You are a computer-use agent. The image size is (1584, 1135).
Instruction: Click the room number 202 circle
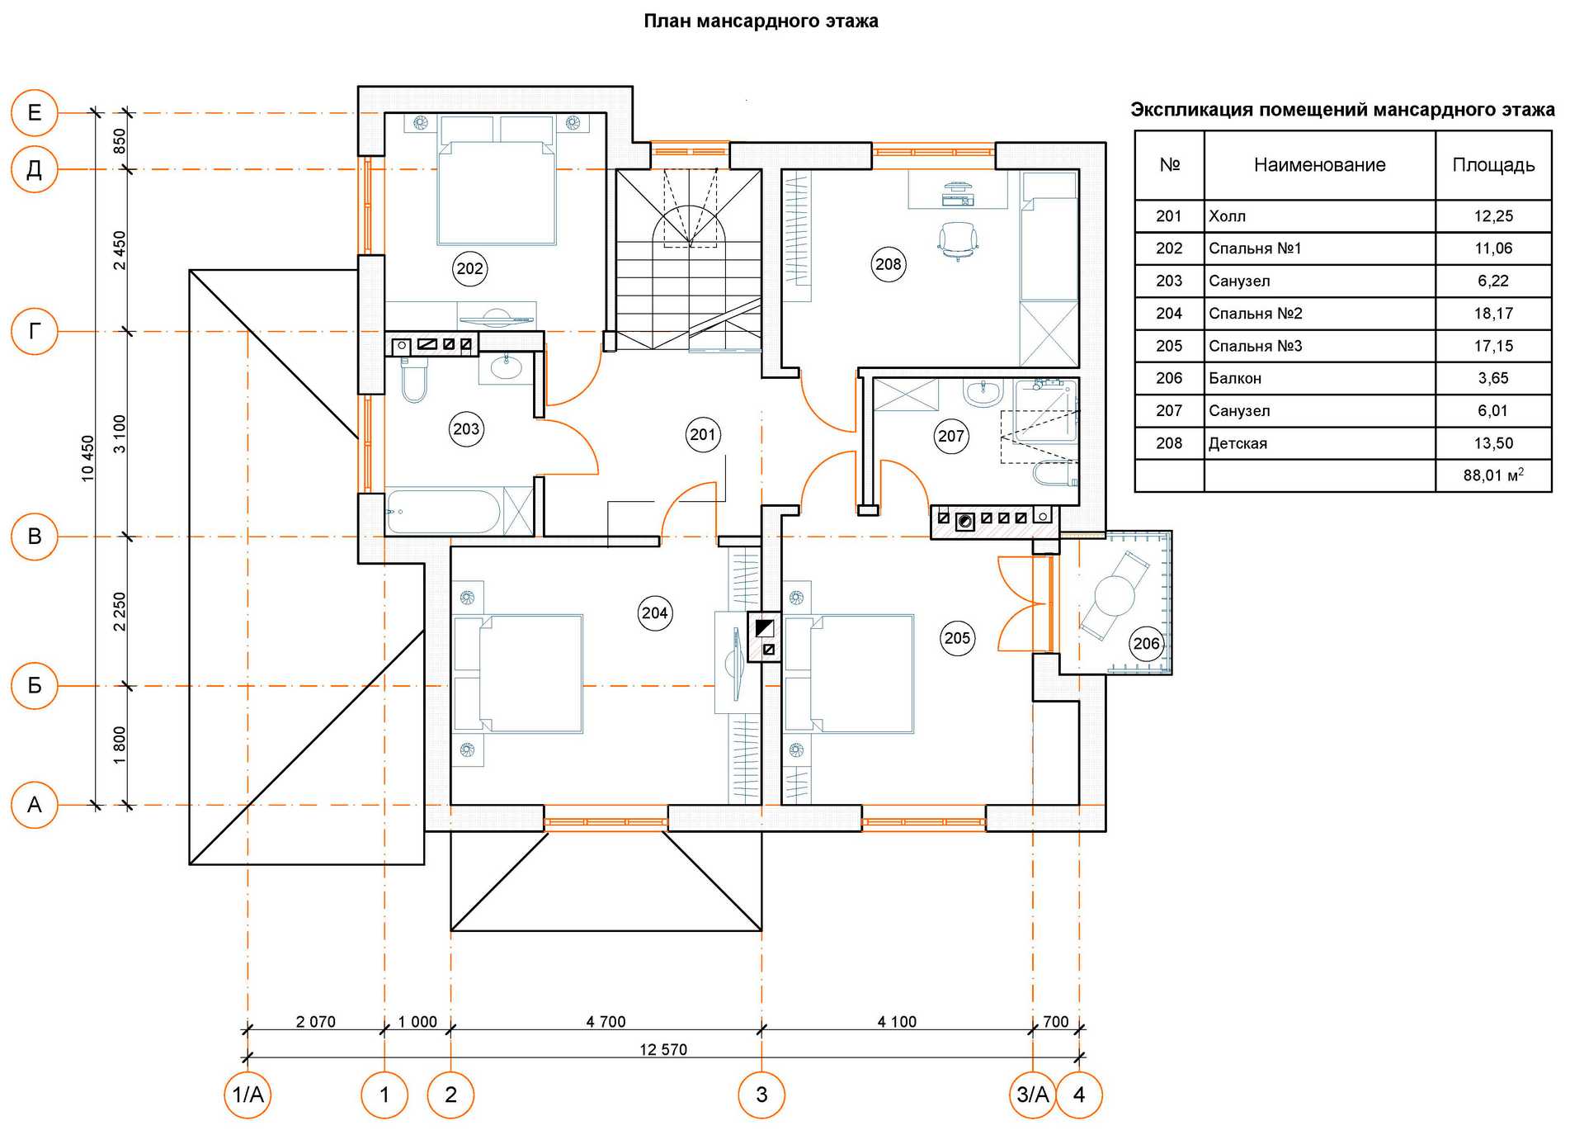coord(469,268)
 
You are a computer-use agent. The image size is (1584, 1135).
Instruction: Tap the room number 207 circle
coord(950,436)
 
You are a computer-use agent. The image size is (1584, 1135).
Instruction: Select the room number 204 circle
coord(654,612)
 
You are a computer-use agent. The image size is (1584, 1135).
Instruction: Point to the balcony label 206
coord(1146,643)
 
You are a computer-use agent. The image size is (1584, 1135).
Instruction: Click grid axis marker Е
coord(34,112)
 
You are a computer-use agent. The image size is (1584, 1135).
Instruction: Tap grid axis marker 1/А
coord(247,1095)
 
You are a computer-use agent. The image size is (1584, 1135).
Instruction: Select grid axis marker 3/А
coord(1032,1095)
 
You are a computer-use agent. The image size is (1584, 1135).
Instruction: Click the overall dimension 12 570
coord(662,1049)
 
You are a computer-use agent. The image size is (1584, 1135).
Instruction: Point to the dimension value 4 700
coord(606,1021)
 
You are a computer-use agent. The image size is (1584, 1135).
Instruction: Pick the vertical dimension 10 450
coord(88,458)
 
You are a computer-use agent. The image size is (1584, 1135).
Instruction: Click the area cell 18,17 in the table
coord(1492,313)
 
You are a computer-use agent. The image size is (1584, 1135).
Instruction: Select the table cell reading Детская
coord(1237,443)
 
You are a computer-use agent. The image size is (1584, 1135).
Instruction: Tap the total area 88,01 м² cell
coord(1492,475)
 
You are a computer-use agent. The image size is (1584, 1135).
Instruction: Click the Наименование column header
coord(1319,165)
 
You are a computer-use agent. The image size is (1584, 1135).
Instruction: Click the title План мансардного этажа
coord(761,21)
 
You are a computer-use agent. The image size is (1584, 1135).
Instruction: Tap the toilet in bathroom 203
coord(413,381)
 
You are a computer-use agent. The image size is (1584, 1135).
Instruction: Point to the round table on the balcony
coord(1114,595)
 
